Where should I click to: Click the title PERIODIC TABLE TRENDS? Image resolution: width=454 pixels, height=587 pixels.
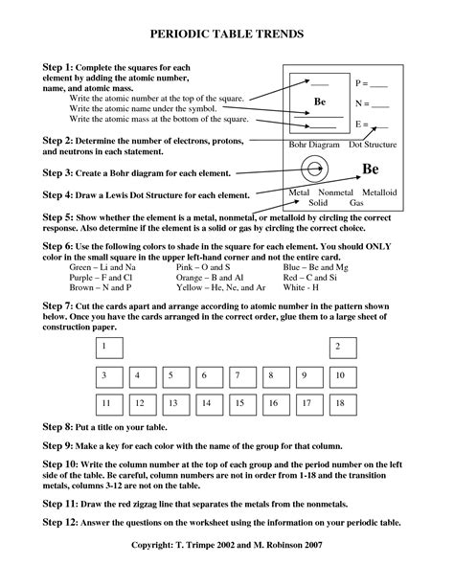pyautogui.click(x=227, y=34)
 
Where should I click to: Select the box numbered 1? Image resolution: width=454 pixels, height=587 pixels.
pyautogui.click(x=110, y=346)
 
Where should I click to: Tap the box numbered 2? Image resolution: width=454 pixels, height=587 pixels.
pyautogui.click(x=340, y=346)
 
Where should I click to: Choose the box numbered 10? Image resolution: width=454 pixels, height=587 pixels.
pyautogui.click(x=340, y=375)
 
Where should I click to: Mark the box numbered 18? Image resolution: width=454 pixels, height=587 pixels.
pyautogui.click(x=340, y=404)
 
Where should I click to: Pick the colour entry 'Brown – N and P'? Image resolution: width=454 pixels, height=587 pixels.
pyautogui.click(x=102, y=287)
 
